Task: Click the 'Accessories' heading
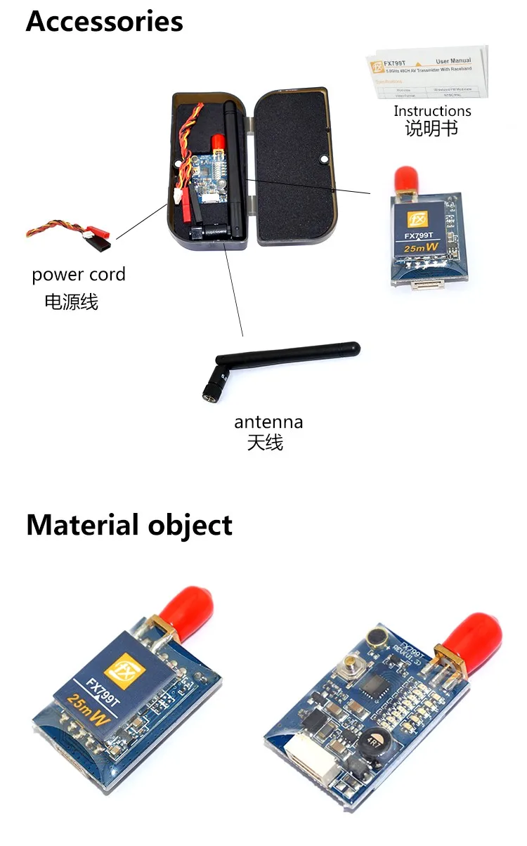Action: pos(104,21)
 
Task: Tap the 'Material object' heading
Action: pos(129,525)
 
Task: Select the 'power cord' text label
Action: pos(79,275)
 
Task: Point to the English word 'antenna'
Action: pos(268,422)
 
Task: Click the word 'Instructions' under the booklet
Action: pos(432,111)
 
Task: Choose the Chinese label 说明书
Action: pos(431,129)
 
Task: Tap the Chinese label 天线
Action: pos(265,443)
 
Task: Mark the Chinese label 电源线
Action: pos(71,302)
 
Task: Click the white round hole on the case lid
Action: pos(323,160)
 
